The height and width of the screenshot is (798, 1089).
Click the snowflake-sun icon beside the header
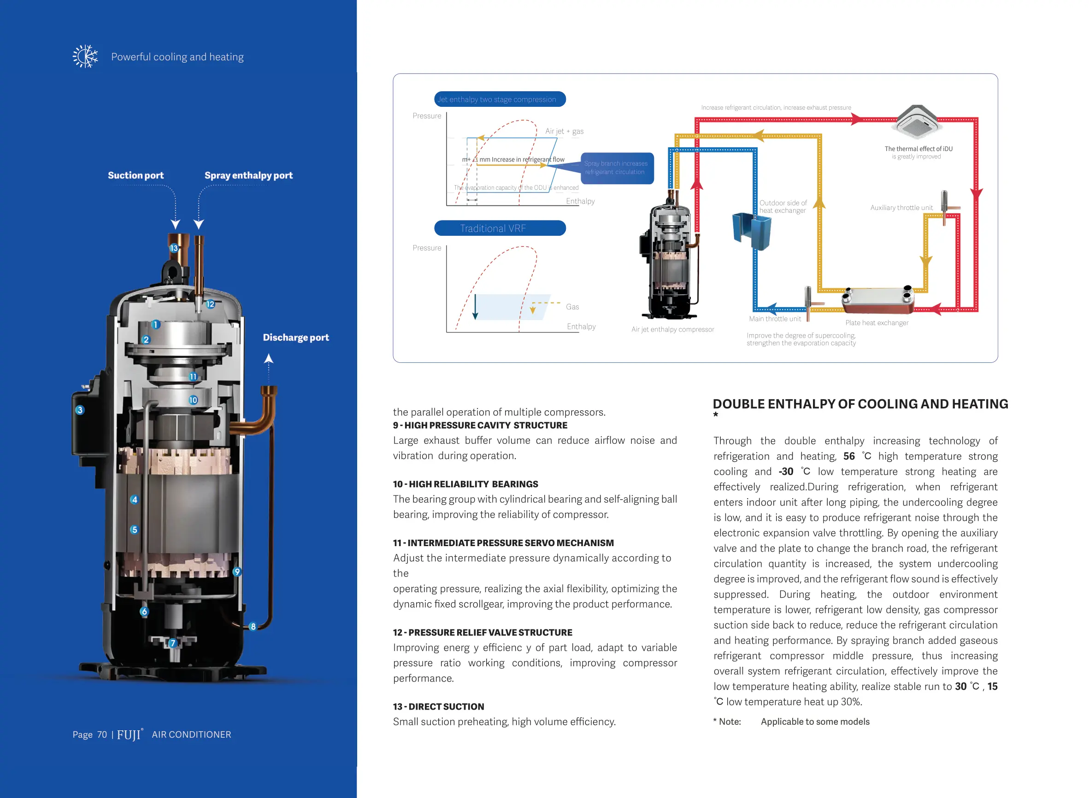tap(85, 57)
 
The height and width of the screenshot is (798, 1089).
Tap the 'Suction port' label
tap(135, 175)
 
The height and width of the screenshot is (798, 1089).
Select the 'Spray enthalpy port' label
tap(248, 175)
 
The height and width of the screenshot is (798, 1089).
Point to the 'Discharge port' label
tap(295, 338)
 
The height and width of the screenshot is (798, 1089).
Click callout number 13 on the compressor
tap(174, 248)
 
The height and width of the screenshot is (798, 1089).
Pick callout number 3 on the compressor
tap(80, 410)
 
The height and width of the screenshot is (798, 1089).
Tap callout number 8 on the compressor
tap(253, 627)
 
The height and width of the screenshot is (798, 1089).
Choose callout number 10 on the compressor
tap(194, 400)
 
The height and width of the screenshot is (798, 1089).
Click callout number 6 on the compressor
tap(144, 612)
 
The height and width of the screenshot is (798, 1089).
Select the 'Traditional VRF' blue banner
tap(500, 228)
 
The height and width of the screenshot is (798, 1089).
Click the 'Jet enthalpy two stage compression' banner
tap(500, 99)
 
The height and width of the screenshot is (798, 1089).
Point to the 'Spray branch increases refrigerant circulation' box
tap(616, 168)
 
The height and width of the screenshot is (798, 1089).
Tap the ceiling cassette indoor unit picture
tap(917, 122)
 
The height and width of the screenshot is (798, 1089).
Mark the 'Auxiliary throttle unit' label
tap(901, 208)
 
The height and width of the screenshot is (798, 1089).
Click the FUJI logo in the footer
tap(130, 735)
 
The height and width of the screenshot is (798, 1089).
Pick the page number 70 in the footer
tap(102, 735)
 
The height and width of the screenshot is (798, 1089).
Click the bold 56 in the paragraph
tap(849, 456)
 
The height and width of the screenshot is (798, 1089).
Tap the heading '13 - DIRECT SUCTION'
tap(438, 707)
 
